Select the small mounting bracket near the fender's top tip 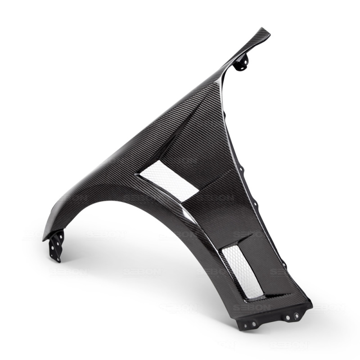click(x=241, y=63)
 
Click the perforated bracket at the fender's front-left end click(x=56, y=245)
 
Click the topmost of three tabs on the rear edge click(x=242, y=170)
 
